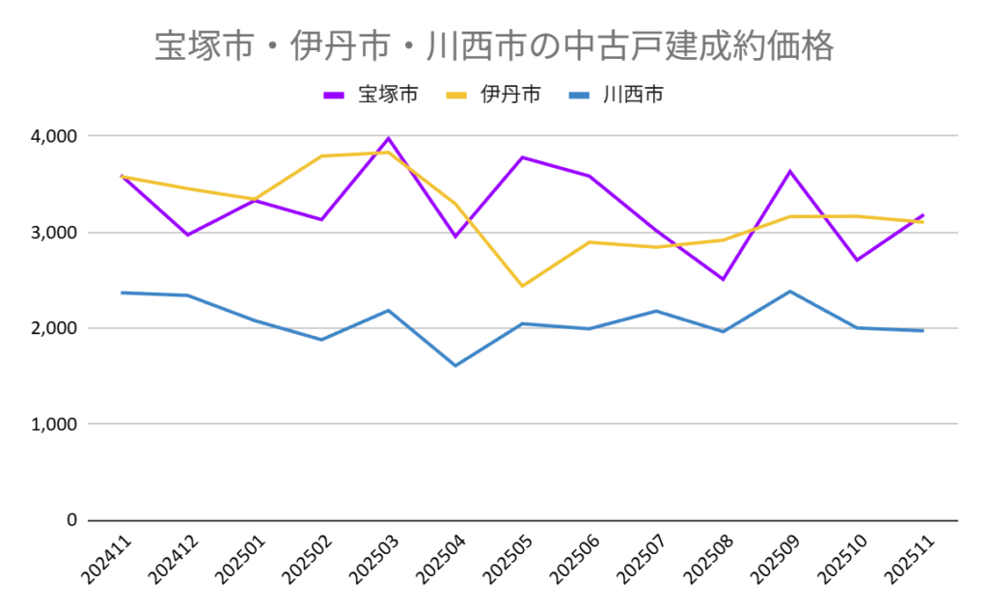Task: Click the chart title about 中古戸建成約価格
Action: pos(493,46)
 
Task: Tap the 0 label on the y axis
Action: pos(70,520)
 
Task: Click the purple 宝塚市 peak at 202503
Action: pos(389,138)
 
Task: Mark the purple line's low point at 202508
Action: pos(724,279)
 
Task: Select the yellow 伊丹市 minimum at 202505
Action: pos(522,286)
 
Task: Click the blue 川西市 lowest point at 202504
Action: pos(455,365)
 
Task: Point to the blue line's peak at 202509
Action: pos(790,292)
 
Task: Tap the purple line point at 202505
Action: pos(522,157)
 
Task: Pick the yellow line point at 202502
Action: pos(321,156)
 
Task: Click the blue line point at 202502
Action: pos(321,340)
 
